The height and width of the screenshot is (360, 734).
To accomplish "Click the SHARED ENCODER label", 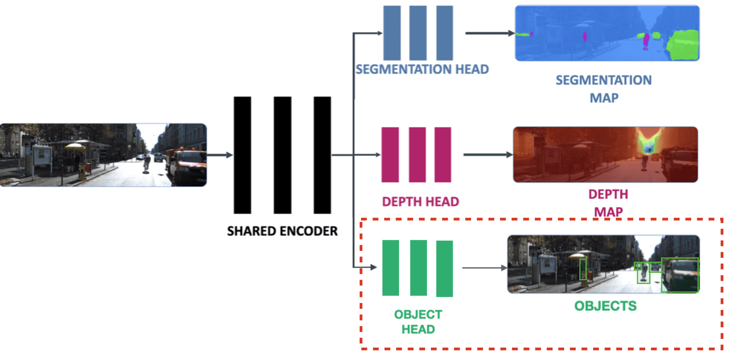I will click(282, 231).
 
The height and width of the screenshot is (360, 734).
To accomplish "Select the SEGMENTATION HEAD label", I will click(422, 70).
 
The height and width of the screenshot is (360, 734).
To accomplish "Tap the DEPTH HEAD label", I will click(420, 202).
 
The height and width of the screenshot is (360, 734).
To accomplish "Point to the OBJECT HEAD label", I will click(418, 322).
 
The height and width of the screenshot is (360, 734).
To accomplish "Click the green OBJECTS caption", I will click(605, 306).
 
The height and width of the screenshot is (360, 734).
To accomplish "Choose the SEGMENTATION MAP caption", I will click(604, 89).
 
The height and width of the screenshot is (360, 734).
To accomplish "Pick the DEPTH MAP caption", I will click(608, 203).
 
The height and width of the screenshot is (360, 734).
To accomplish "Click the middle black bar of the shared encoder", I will click(282, 155).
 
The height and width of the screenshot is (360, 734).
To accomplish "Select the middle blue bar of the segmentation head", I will click(418, 33).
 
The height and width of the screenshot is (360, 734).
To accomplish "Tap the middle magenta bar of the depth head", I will click(417, 155).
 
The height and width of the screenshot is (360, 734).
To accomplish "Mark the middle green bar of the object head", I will click(418, 267).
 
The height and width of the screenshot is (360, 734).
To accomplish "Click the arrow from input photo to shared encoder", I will click(220, 155).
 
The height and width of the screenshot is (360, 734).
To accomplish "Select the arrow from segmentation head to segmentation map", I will click(489, 33).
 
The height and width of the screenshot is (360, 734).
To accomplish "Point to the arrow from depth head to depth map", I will click(488, 155).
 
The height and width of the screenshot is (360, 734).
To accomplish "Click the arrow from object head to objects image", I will click(484, 267).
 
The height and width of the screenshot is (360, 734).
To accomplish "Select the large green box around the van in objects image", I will click(680, 275).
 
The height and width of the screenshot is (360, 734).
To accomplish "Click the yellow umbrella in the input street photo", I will click(76, 146).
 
